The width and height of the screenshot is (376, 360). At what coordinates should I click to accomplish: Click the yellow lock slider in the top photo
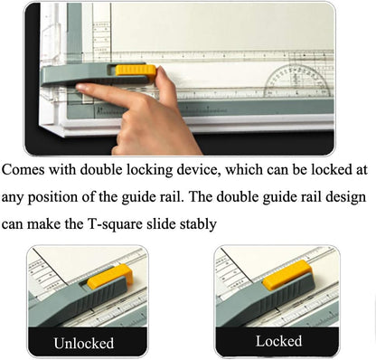(137, 69)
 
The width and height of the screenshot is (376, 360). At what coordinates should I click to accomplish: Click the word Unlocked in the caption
(83, 343)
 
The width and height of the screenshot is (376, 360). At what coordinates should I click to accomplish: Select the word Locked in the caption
(278, 342)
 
